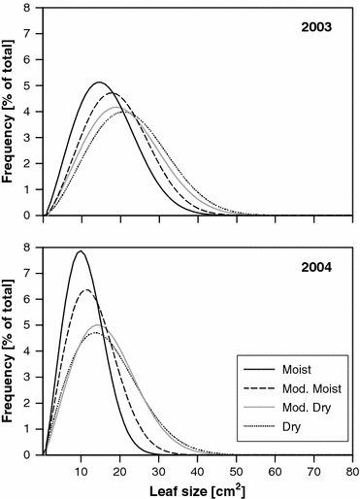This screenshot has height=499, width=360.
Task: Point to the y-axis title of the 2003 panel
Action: click(x=11, y=111)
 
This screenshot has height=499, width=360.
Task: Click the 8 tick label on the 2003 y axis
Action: click(x=33, y=8)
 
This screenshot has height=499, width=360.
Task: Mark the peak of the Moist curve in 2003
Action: click(x=98, y=83)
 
